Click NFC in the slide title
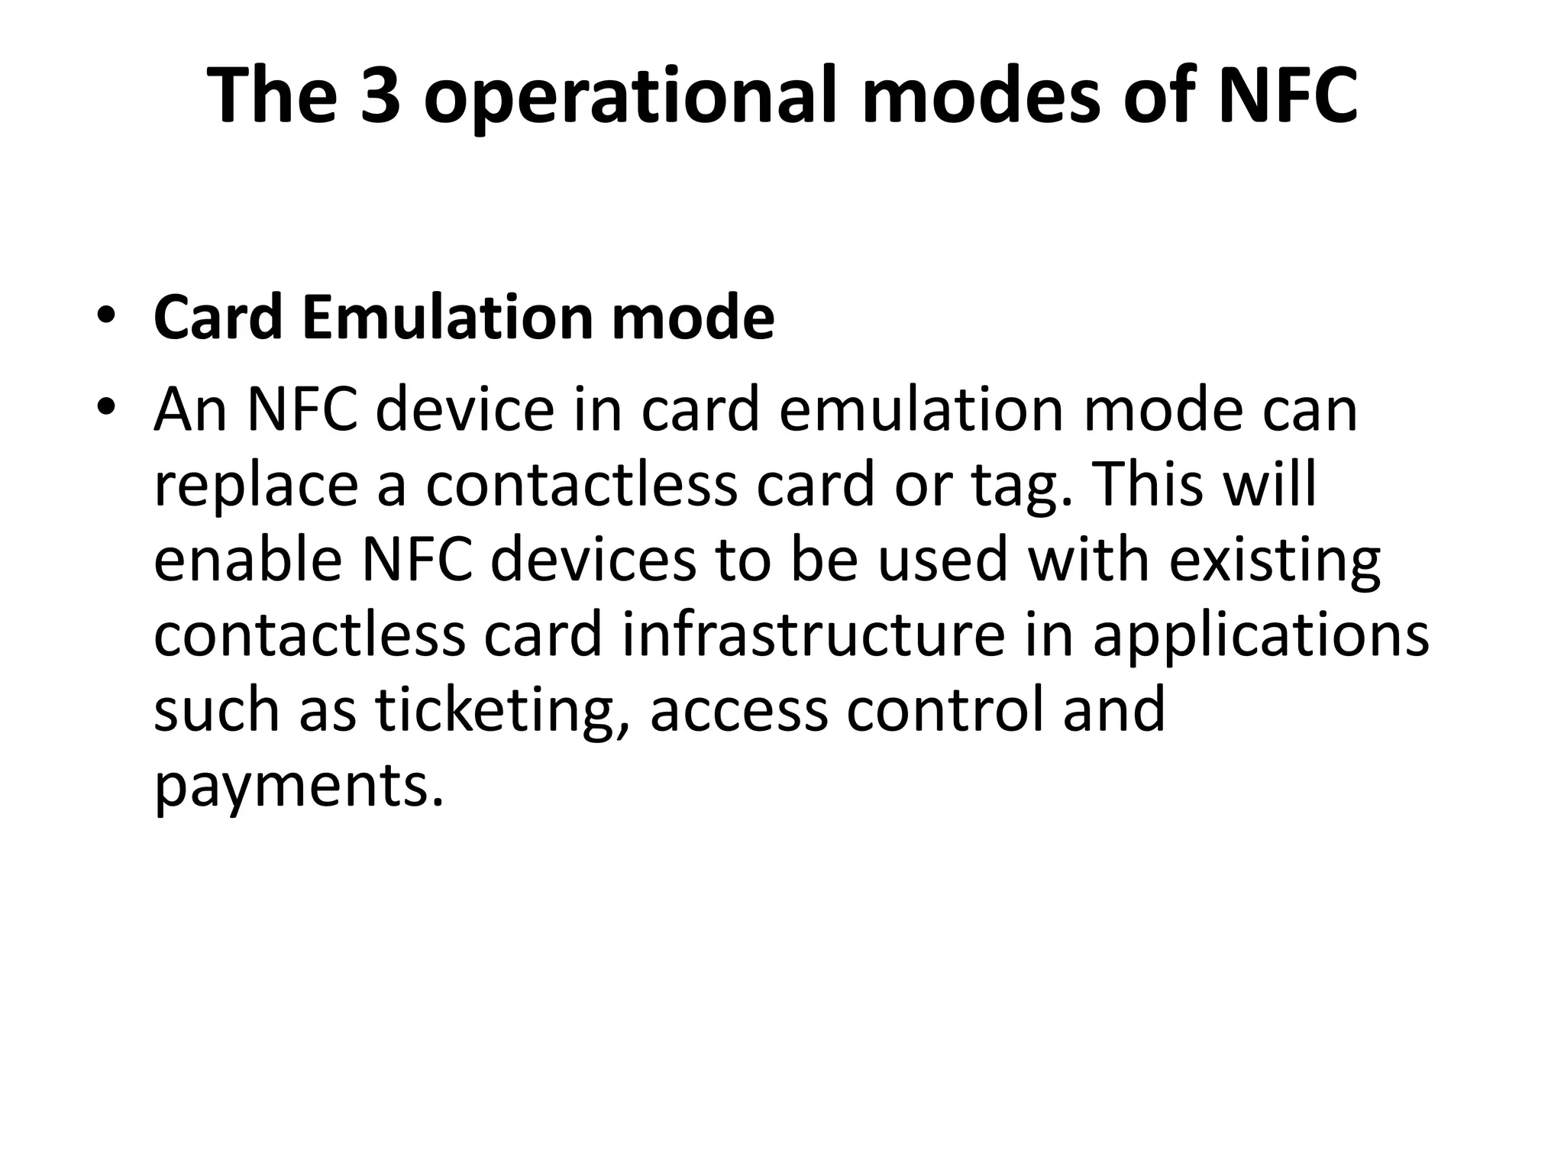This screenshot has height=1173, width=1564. tap(1288, 95)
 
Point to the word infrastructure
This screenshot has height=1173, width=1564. tap(813, 635)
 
